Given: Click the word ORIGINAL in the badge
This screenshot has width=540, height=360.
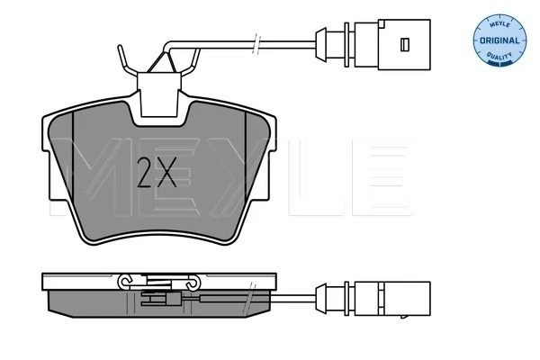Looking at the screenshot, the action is click(x=499, y=40).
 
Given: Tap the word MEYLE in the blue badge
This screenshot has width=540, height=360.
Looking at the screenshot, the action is click(x=499, y=23).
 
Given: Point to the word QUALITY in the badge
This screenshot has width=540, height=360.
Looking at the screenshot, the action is click(x=499, y=56).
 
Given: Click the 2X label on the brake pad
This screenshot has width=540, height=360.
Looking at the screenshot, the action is click(x=157, y=172).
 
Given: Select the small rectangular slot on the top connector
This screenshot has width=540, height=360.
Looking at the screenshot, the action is click(x=405, y=44).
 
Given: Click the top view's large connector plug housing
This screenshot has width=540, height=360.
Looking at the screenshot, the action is click(x=404, y=45).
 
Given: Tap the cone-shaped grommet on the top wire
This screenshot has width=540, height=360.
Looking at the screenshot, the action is click(x=321, y=45).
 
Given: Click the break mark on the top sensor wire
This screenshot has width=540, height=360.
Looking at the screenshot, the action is click(x=256, y=44).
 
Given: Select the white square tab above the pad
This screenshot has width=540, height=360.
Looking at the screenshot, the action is click(x=159, y=94).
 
